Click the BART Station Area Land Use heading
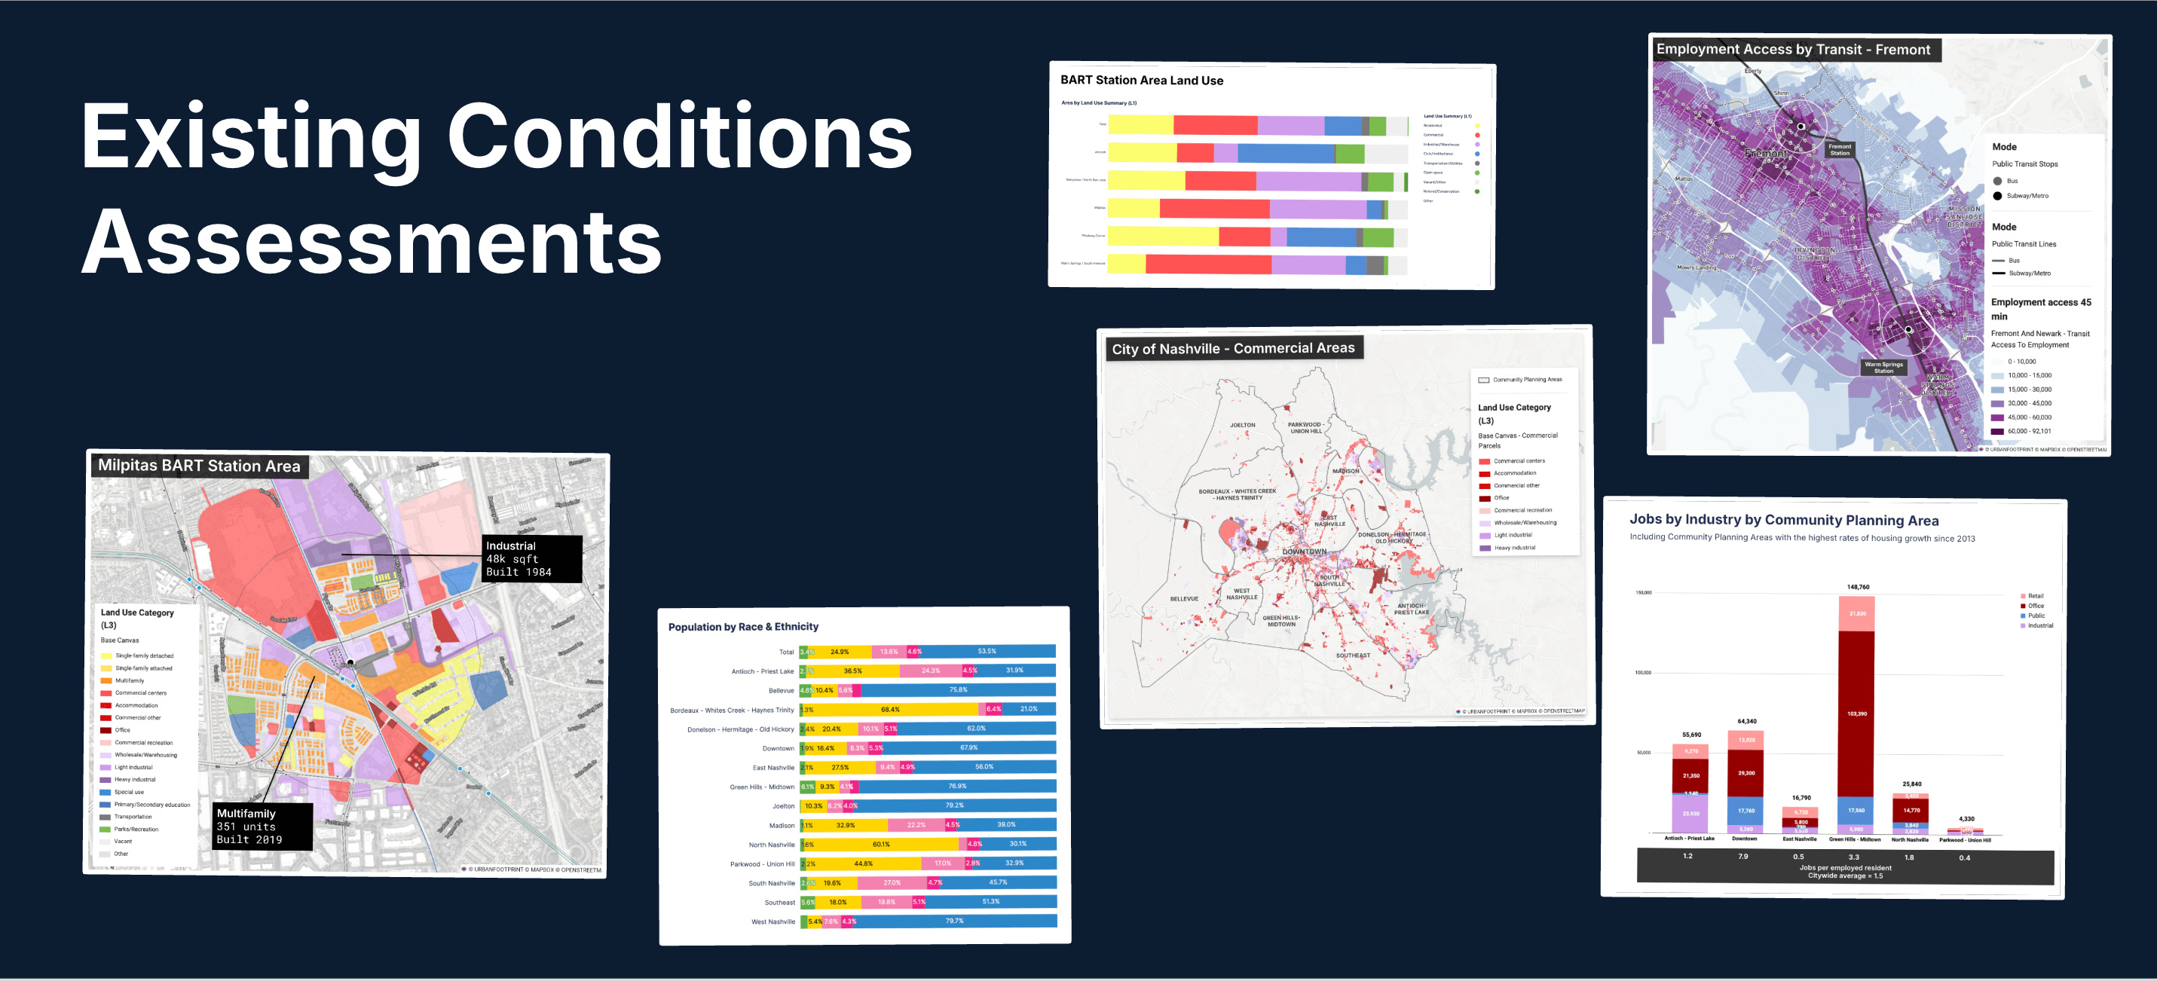pos(1141,81)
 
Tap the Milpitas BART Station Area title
pos(198,466)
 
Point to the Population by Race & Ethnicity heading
pos(742,626)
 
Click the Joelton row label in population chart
pos(783,806)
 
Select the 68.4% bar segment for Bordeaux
pos(890,709)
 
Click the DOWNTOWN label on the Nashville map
pos(1304,552)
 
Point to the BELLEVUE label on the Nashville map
pos(1184,598)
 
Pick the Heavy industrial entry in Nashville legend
pos(1514,548)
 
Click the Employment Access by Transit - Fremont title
pos(1793,50)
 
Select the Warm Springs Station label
pos(1883,367)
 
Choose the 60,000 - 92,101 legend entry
pos(2028,431)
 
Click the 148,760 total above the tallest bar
pos(1857,587)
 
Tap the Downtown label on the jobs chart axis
pos(1744,839)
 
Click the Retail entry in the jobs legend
pos(2035,596)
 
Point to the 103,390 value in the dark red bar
pos(1856,714)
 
